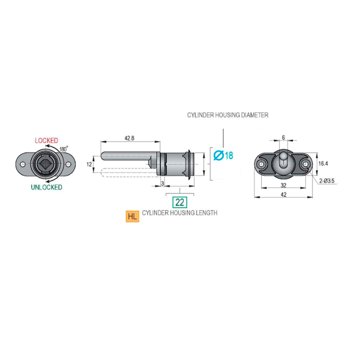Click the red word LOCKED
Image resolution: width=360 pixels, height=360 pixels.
coord(46,141)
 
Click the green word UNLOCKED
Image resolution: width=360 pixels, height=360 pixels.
coord(46,187)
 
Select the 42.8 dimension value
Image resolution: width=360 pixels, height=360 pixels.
coord(129,138)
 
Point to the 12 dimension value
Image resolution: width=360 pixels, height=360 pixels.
coord(89,164)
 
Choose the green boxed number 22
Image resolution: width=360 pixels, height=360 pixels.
coord(179,202)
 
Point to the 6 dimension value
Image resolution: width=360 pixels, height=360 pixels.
coord(283,137)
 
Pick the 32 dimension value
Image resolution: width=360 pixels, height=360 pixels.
coord(284,185)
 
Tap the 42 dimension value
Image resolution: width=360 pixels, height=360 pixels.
coord(284,195)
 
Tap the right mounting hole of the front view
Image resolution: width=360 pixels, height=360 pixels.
coord(68,164)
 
